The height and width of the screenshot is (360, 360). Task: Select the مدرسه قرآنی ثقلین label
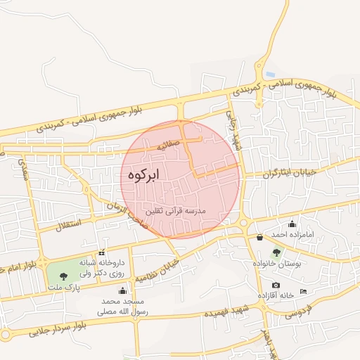[x=174, y=211]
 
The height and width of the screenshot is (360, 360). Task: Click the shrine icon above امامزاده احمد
[x=292, y=224]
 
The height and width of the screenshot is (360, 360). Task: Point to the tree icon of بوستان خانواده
[x=276, y=252]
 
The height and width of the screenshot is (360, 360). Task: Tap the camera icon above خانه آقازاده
[x=276, y=285]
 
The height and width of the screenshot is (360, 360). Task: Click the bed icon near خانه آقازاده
[x=303, y=291]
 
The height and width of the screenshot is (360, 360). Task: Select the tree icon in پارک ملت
[x=65, y=275]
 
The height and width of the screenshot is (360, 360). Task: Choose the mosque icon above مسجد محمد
[x=123, y=290]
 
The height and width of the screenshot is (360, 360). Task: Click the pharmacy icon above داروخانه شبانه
[x=102, y=252]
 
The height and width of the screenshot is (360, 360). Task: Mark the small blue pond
[x=271, y=74]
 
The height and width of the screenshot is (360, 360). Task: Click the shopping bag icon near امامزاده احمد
[x=260, y=237]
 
